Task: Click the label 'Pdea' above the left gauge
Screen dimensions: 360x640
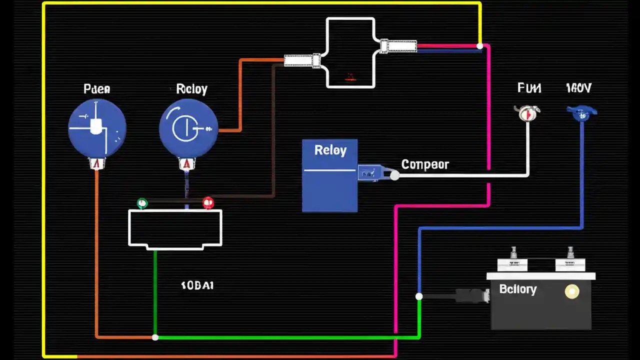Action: tap(97, 89)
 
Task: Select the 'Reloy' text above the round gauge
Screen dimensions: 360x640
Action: tap(191, 89)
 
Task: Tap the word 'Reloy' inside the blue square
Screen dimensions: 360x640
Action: tap(330, 150)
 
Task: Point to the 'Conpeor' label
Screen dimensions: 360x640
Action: tap(425, 164)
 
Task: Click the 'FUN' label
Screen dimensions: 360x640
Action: tap(529, 88)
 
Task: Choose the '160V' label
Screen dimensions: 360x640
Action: tap(578, 88)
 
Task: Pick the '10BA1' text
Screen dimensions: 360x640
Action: tap(197, 285)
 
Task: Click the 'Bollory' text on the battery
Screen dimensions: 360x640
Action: tap(517, 289)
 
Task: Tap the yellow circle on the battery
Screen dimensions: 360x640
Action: tap(571, 292)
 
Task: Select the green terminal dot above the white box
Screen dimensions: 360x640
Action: tap(142, 203)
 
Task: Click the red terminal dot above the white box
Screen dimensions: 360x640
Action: tap(208, 202)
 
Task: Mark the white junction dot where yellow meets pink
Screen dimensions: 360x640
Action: tap(480, 46)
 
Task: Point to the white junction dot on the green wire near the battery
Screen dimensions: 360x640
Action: tap(419, 296)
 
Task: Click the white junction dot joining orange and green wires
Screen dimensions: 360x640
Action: tap(155, 337)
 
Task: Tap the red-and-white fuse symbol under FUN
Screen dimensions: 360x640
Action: tap(526, 113)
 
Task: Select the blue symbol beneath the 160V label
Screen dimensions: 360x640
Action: tap(581, 113)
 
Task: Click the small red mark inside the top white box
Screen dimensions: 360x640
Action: tap(350, 77)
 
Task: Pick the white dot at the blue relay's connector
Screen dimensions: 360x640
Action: tap(394, 175)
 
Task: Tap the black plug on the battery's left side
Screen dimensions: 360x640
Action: tap(471, 295)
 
